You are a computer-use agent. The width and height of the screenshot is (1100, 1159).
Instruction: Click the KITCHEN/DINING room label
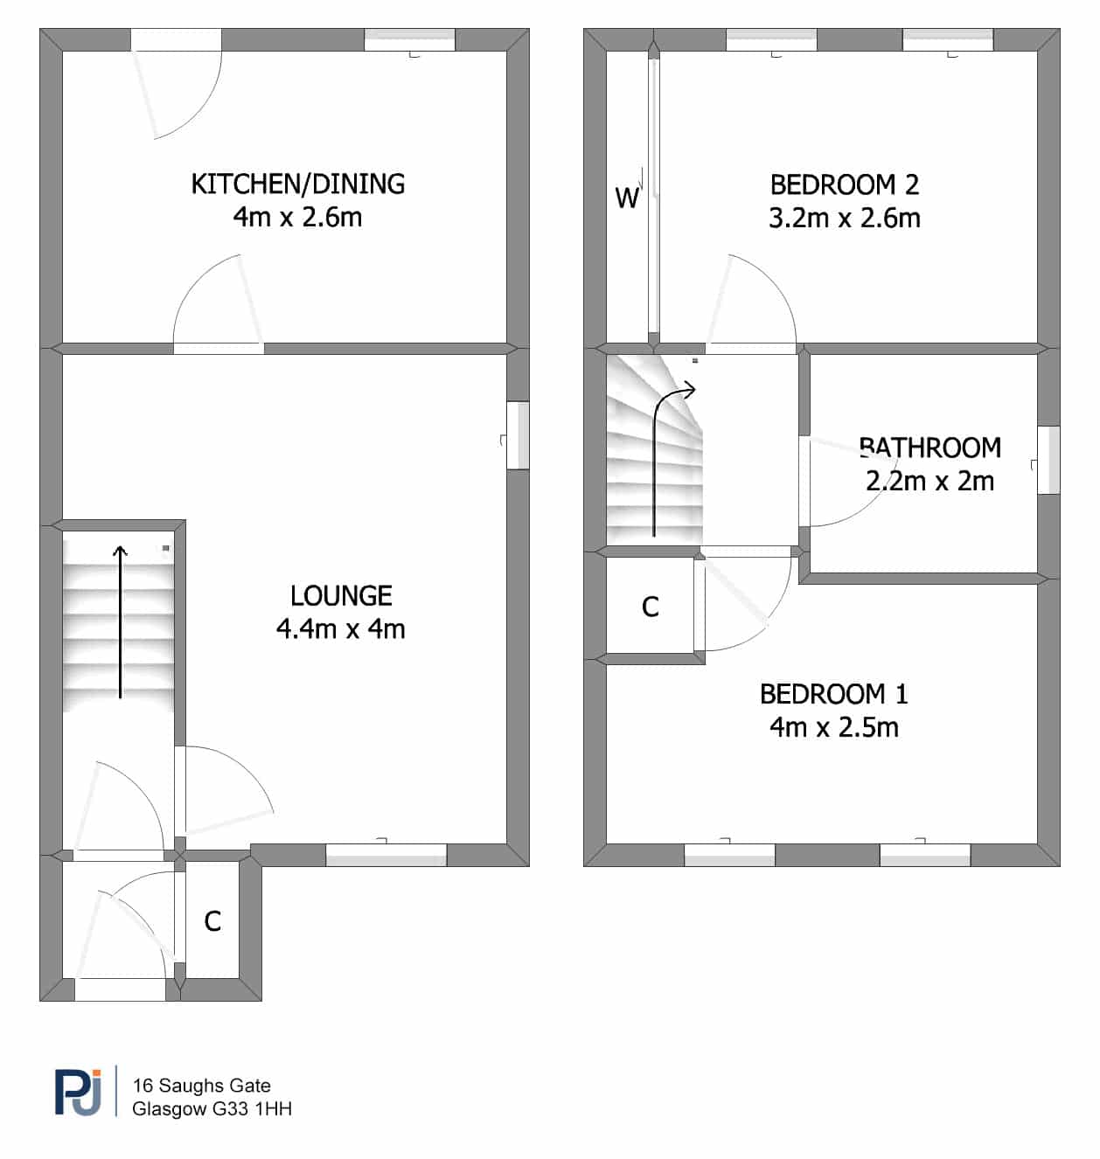click(x=298, y=184)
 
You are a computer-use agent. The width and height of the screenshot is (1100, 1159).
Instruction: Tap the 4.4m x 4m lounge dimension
click(x=340, y=629)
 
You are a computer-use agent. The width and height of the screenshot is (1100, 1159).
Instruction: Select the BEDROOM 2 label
click(x=845, y=185)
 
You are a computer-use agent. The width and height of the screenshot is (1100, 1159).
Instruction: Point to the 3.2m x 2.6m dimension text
click(x=845, y=219)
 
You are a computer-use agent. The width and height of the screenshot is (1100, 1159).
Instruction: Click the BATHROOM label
click(x=930, y=448)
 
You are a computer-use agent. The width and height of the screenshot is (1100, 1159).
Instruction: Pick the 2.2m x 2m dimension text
click(x=930, y=481)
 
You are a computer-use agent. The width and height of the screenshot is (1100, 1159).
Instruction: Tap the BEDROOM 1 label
click(x=834, y=694)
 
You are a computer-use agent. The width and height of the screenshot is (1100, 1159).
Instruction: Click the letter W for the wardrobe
click(x=626, y=198)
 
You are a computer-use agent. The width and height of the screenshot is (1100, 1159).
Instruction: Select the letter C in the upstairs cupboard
click(x=650, y=607)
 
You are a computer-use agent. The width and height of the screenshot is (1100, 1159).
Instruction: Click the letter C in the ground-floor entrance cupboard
click(x=212, y=921)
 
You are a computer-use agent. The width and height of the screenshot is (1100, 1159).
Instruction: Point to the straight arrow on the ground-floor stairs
click(x=121, y=622)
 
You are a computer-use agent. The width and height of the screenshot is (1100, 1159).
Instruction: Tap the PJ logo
click(x=78, y=1092)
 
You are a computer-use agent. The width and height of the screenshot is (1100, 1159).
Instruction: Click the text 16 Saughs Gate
click(x=202, y=1086)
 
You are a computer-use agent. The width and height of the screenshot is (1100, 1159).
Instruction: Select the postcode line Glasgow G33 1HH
click(x=212, y=1109)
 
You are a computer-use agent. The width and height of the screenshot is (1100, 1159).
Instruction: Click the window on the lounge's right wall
click(x=518, y=435)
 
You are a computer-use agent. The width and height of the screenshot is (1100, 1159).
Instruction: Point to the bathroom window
click(x=1048, y=460)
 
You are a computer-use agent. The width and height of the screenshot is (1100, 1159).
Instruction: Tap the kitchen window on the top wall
click(x=410, y=40)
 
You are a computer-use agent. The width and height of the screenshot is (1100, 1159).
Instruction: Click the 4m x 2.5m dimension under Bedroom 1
click(x=834, y=727)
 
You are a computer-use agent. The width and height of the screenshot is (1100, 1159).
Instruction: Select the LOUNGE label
click(x=341, y=596)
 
